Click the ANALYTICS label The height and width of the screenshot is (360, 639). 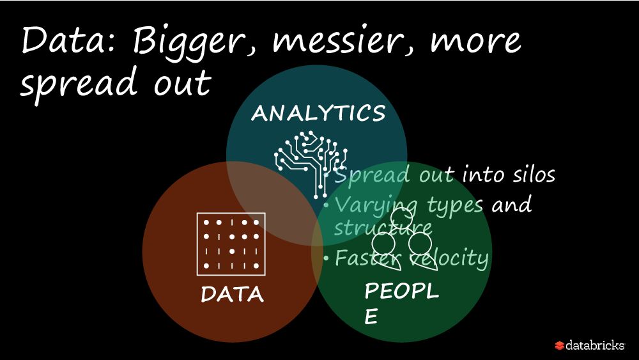[x=318, y=113]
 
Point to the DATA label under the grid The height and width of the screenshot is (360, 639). [x=232, y=294]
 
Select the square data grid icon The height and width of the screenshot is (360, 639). [x=231, y=243]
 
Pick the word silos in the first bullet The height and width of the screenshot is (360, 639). [x=532, y=175]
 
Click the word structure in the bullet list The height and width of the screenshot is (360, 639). [x=382, y=227]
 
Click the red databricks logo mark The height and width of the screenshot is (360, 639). [x=560, y=345]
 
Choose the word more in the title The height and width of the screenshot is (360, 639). [x=475, y=42]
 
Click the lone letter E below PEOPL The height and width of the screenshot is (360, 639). [x=371, y=317]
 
